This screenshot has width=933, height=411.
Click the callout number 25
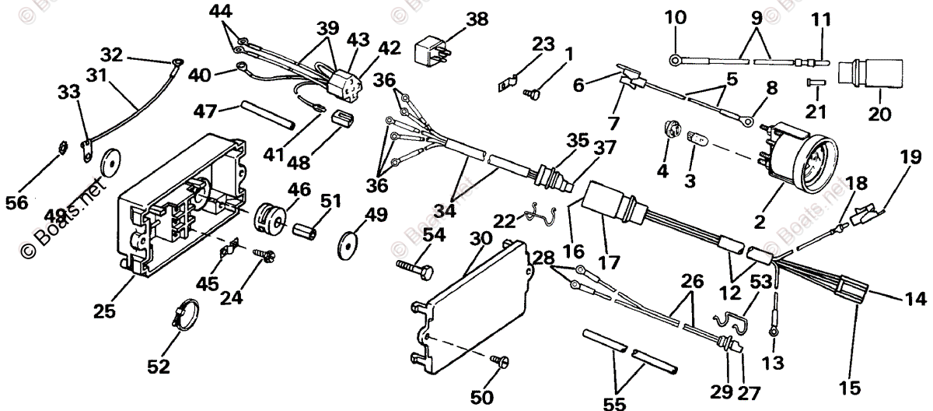(104, 311)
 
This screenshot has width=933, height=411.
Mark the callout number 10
(676, 16)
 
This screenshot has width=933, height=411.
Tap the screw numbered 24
(263, 254)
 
